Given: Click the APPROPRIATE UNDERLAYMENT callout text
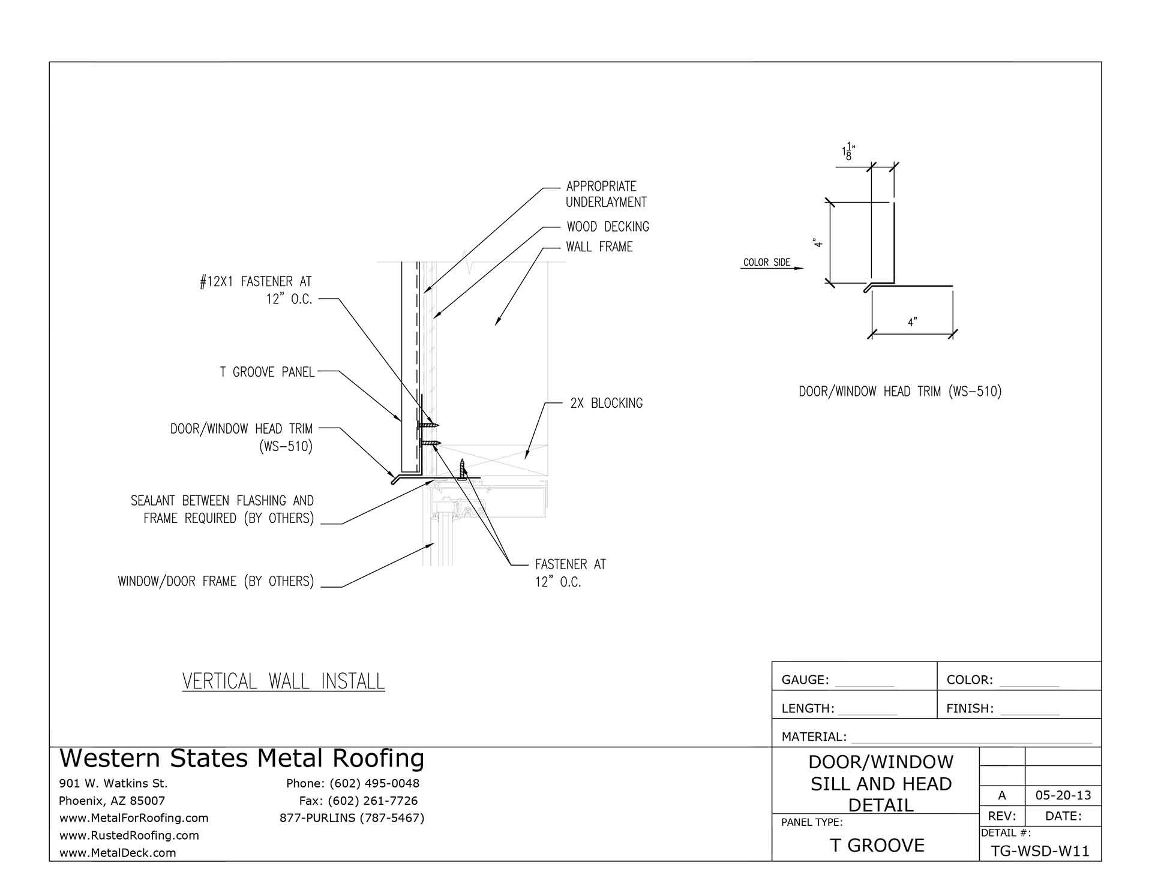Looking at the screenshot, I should pos(606,194).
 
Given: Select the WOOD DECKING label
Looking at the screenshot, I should pos(608,227).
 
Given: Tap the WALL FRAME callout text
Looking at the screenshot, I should pos(599,247).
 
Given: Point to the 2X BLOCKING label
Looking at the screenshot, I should pos(606,404).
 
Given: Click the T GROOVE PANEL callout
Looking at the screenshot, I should pos(267,372).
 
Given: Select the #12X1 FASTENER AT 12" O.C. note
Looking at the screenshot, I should pos(256,290).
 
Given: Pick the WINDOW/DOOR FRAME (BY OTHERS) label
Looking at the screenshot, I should pos(216,581).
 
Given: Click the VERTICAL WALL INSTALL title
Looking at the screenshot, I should pos(283,682).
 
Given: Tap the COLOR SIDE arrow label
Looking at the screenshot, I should pos(766,263).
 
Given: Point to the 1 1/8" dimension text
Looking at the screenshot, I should pos(848,152).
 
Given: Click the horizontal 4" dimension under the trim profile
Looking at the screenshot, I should pos(912,323).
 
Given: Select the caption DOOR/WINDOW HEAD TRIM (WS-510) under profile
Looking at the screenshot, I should pos(900,392).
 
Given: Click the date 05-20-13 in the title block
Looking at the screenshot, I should pos(1063,796).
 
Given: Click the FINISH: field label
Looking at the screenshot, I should pos(970,709).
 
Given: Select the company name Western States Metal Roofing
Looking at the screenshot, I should pos(242,759).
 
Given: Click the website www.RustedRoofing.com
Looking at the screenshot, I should pos(129,835).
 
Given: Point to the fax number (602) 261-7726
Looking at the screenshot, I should pos(358,801).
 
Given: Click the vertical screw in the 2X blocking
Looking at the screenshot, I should pos(463,469).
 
